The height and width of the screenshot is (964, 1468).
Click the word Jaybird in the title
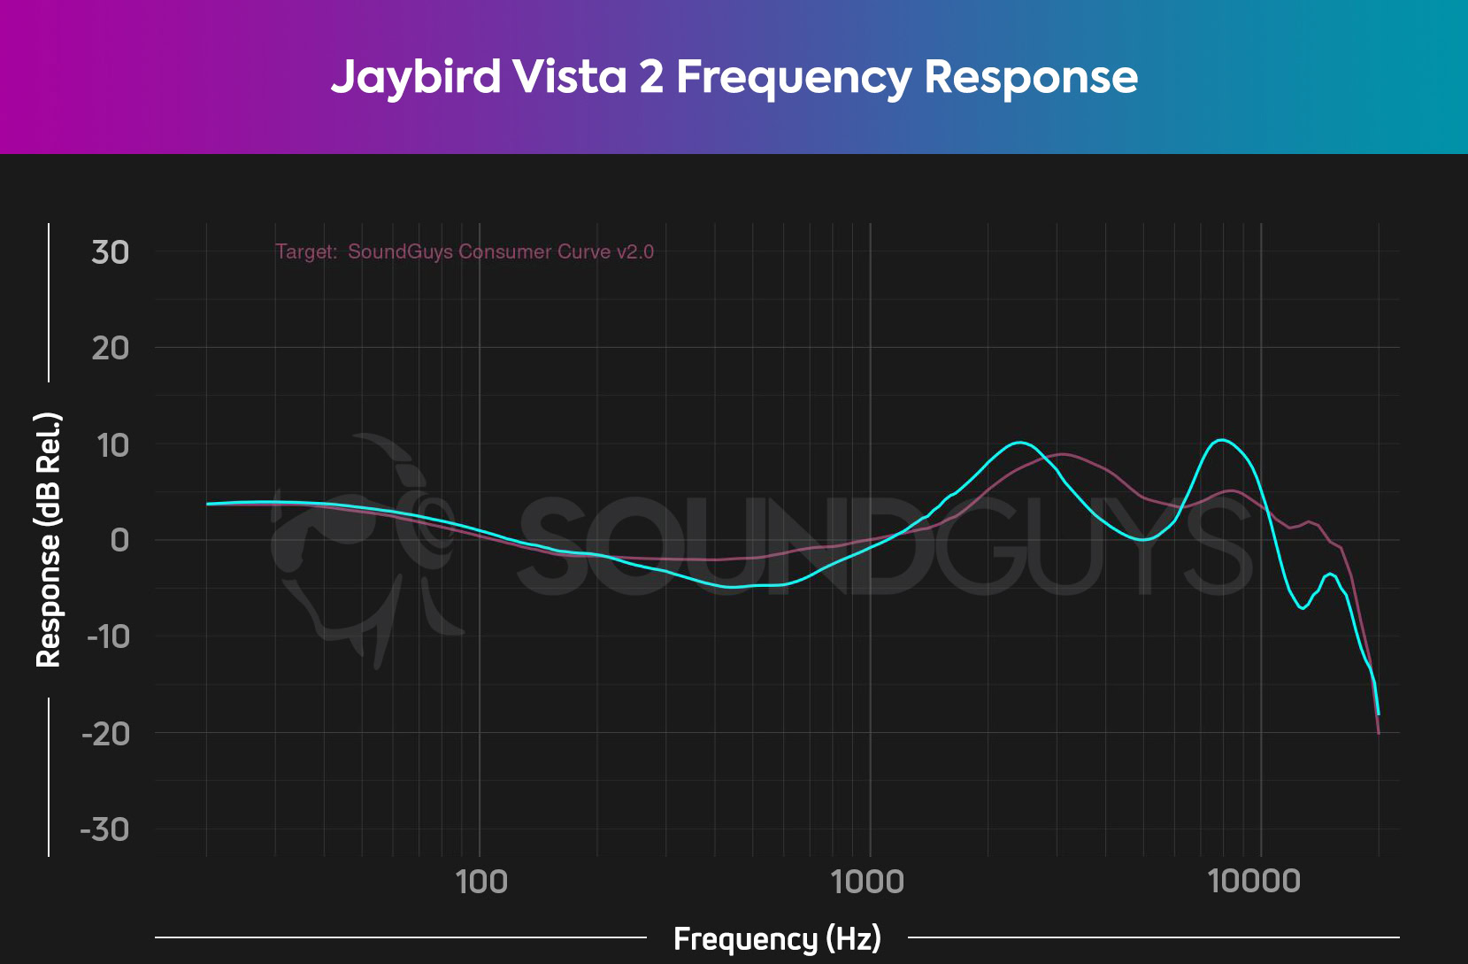[416, 77]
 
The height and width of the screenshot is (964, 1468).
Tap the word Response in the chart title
[1031, 77]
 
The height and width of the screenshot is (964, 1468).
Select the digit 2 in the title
[650, 76]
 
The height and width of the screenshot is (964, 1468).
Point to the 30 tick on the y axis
[111, 252]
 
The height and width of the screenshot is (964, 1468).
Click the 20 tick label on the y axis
[111, 348]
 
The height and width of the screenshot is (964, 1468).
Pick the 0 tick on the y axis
[119, 540]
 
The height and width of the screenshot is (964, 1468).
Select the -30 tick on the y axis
[105, 829]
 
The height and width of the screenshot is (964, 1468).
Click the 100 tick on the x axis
[480, 882]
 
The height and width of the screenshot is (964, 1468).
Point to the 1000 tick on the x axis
[869, 882]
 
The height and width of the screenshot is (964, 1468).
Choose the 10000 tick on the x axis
[1255, 882]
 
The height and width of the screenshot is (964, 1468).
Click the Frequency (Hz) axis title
[777, 938]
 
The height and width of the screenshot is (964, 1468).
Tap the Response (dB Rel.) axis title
[48, 539]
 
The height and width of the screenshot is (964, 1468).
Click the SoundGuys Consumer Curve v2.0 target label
[500, 251]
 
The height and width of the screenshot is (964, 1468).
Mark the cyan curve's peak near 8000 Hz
[1221, 439]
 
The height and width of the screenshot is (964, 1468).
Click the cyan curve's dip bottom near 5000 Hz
[1142, 539]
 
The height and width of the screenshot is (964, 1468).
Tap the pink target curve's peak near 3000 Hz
[1063, 454]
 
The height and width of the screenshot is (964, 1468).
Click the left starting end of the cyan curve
[207, 504]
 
